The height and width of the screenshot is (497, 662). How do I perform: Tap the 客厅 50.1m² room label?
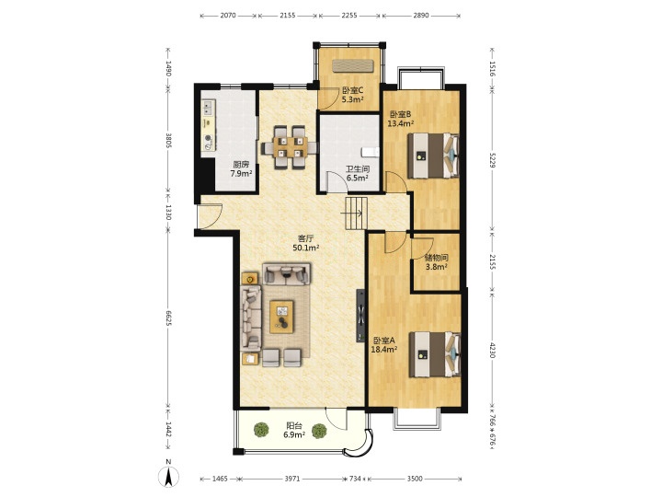click(306, 243)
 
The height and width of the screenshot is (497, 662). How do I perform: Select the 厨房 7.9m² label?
click(241, 169)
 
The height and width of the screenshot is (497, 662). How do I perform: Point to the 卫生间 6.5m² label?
click(358, 174)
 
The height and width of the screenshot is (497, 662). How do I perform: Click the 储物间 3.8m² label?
click(436, 262)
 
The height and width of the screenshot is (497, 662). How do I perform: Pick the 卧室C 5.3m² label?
click(352, 95)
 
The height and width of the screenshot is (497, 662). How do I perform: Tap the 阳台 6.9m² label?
click(294, 430)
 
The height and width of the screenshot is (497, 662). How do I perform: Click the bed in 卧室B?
click(434, 156)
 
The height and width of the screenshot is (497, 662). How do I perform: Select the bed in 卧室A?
click(434, 354)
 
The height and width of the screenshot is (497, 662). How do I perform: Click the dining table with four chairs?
click(290, 147)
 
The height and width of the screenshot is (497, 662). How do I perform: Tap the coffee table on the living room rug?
click(282, 317)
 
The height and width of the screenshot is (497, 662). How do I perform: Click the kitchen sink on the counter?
click(207, 108)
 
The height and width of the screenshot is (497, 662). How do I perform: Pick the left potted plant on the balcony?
click(261, 430)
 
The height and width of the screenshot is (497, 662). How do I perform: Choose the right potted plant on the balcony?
click(319, 431)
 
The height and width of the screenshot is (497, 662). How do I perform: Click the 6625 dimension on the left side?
click(168, 318)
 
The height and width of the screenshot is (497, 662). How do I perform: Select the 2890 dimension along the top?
click(421, 16)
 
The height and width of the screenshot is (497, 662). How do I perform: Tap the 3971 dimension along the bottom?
click(292, 479)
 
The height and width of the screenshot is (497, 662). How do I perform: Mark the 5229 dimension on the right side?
click(492, 160)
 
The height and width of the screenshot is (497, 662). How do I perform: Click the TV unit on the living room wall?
click(360, 316)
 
